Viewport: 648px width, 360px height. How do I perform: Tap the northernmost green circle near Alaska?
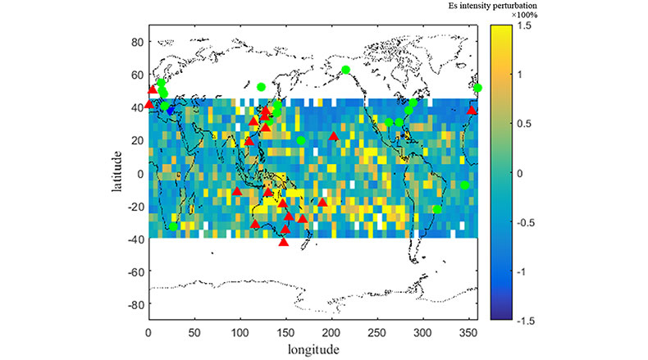tap(345, 70)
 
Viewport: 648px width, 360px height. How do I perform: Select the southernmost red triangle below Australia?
tap(284, 241)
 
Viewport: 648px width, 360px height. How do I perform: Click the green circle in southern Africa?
tap(173, 226)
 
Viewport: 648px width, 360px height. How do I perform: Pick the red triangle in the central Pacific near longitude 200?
tap(333, 136)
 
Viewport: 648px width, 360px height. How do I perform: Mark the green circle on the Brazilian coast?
tap(437, 209)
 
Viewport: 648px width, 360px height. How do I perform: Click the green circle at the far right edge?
tap(478, 88)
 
